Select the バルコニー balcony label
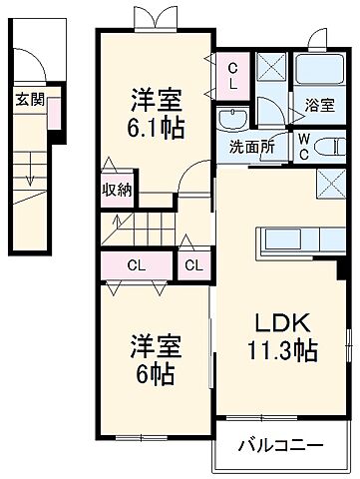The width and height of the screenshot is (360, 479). pos(280,445)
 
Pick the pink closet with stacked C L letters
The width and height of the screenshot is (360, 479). pos(232,74)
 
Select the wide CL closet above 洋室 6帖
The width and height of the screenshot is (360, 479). pos(136,265)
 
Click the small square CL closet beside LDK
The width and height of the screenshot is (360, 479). pos(193,265)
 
